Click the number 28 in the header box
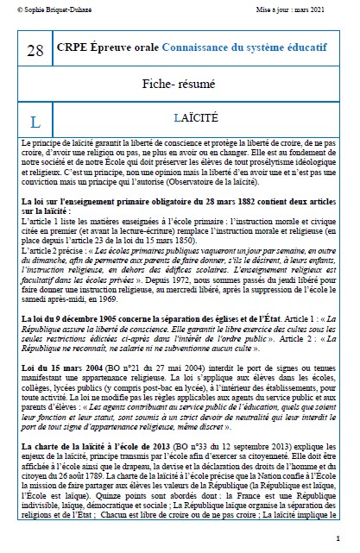tap(35, 51)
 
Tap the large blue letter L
tap(35, 122)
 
